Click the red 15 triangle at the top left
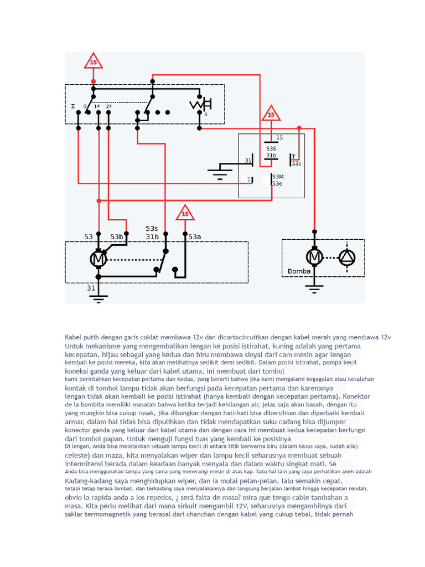pyautogui.click(x=93, y=61)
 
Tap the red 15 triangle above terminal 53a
pyautogui.click(x=185, y=213)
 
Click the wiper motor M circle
pyautogui.click(x=98, y=259)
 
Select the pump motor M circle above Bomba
pyautogui.click(x=314, y=257)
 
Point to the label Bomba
pyautogui.click(x=299, y=271)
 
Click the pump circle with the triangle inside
pyautogui.click(x=347, y=257)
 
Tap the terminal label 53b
pyautogui.click(x=116, y=237)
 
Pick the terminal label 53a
pyautogui.click(x=194, y=237)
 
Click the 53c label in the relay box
pyautogui.click(x=297, y=163)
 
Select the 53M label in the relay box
pyautogui.click(x=278, y=177)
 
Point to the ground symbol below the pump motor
pyautogui.click(x=314, y=288)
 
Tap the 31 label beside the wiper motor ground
pyautogui.click(x=91, y=288)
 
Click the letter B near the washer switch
pyautogui.click(x=206, y=115)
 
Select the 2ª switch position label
pyautogui.click(x=109, y=107)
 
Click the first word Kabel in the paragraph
pyautogui.click(x=74, y=337)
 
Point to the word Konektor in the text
pyautogui.click(x=356, y=396)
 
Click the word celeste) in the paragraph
pyautogui.click(x=76, y=456)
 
